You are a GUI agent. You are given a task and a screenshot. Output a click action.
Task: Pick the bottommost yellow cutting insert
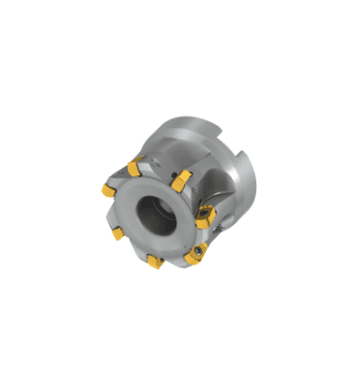point(155,260)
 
